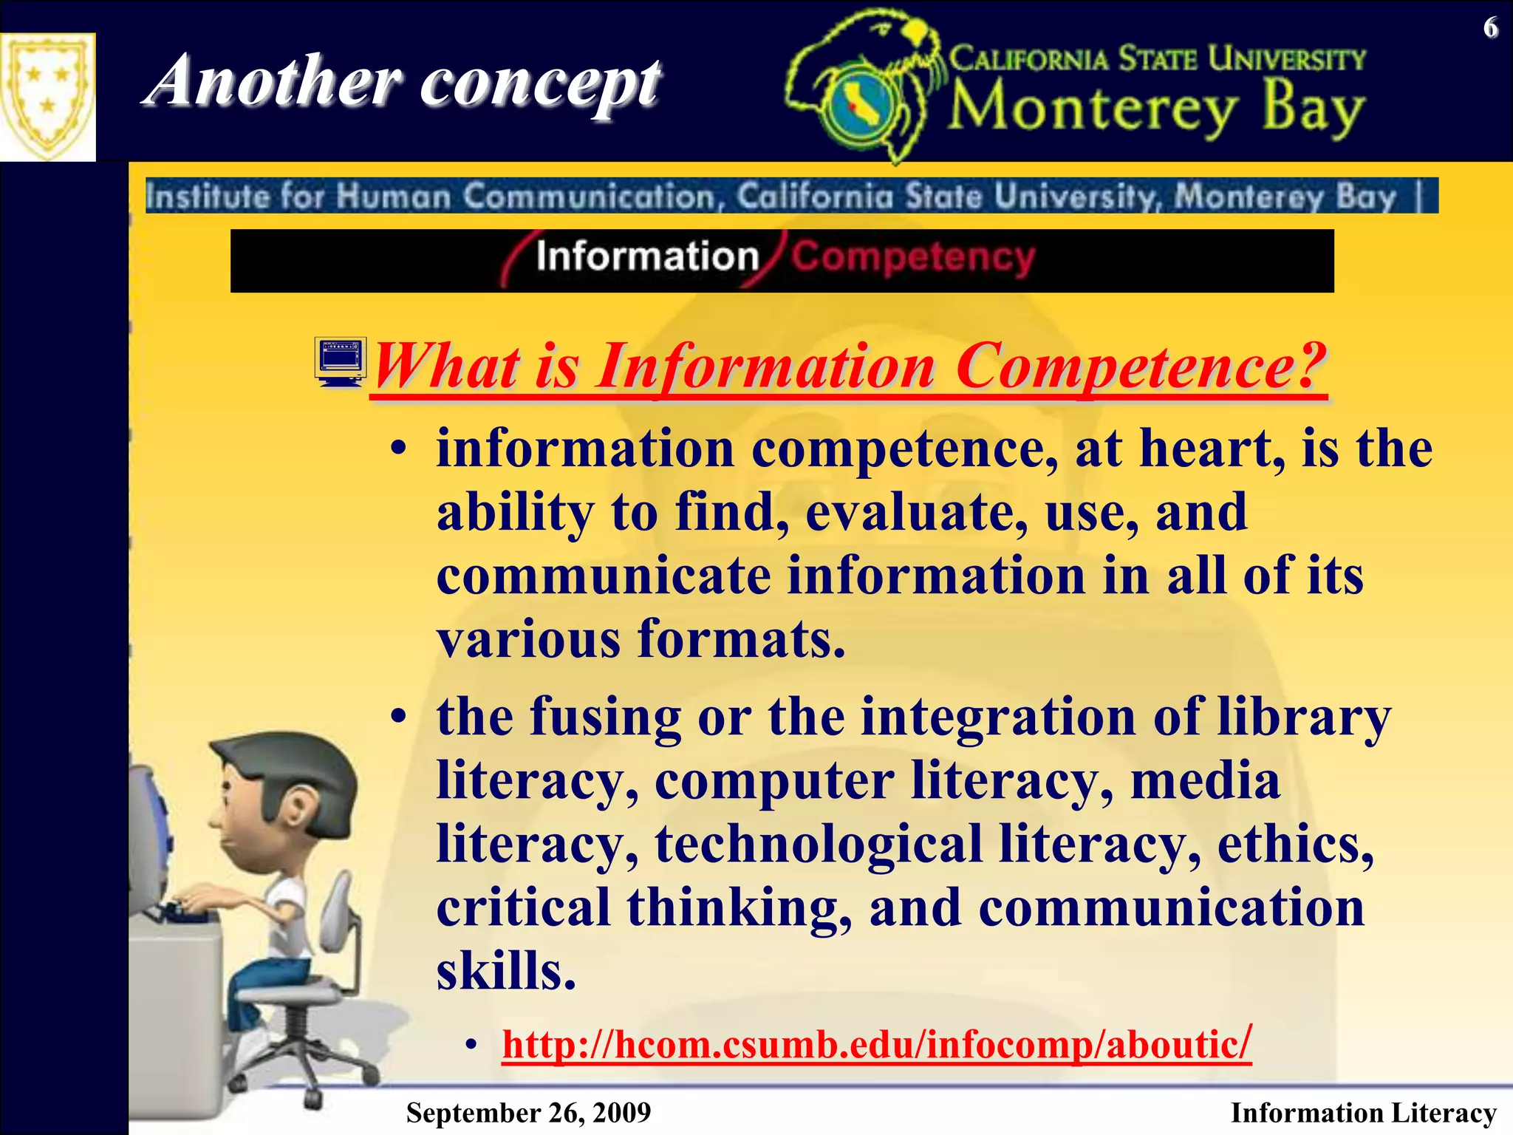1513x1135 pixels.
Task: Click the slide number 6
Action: coord(1491,28)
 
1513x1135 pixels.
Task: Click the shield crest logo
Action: coord(47,97)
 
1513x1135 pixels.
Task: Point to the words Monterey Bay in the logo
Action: coord(1156,110)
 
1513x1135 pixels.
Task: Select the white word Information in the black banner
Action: coord(647,257)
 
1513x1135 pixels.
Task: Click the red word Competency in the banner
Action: coord(913,258)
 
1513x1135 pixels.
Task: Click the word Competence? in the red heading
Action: coord(1141,367)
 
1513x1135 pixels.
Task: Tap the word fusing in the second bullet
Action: coord(605,717)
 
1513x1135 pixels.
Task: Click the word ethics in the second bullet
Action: coord(1295,844)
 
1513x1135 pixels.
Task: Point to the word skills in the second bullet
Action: coord(505,971)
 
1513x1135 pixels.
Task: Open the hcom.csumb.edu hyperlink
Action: coord(876,1045)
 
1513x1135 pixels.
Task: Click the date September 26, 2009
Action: coord(528,1113)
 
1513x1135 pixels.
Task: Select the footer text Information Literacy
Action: coord(1363,1113)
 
